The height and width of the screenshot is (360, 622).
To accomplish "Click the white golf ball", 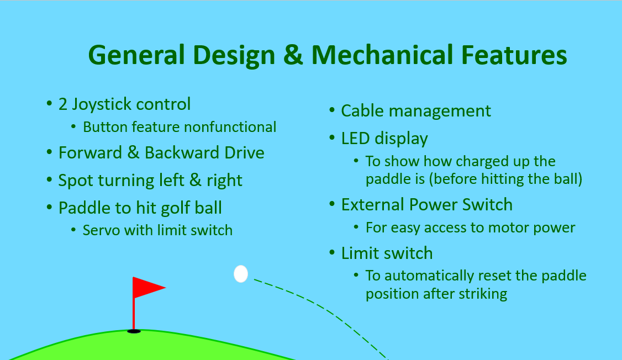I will click(241, 274).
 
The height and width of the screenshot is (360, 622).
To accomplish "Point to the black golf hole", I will click(134, 331).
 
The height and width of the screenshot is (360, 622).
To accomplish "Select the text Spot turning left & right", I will click(150, 181).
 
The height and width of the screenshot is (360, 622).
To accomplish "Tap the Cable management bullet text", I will click(415, 111).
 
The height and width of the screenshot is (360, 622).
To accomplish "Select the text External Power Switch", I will click(426, 205).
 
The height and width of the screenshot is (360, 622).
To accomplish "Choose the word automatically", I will click(439, 275).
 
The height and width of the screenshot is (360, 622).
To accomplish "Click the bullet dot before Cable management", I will click(332, 110).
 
